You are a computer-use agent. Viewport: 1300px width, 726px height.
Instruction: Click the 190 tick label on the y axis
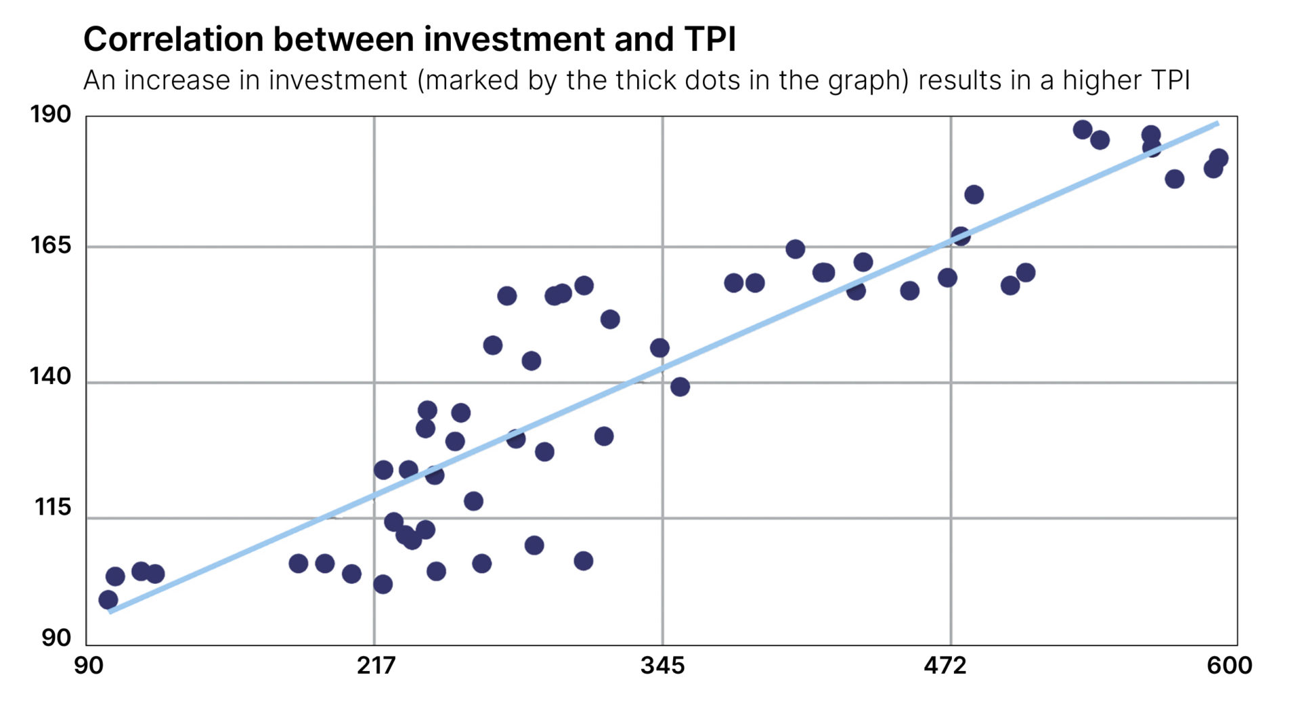coord(50,114)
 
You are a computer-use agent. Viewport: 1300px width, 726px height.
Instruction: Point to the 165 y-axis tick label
coord(50,244)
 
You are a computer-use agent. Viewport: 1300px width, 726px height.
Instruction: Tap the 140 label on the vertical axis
coord(50,376)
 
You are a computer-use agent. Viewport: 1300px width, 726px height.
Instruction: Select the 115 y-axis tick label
coord(52,507)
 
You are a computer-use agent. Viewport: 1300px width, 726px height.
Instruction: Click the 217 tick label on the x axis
coord(376,666)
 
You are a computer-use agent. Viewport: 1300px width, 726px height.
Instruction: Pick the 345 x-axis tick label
coord(662,666)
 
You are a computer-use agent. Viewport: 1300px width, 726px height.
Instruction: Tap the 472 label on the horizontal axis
coord(945,666)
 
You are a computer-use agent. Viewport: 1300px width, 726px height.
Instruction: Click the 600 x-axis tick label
coord(1229,666)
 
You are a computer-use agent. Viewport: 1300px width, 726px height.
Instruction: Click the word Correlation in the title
coord(173,39)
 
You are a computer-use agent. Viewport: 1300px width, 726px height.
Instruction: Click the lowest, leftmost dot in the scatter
coord(108,599)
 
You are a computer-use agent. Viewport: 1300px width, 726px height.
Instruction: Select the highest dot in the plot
coord(1083,129)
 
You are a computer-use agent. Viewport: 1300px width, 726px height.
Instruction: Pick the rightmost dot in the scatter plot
coord(1218,158)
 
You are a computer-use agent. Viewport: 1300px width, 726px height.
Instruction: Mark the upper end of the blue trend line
coord(1217,123)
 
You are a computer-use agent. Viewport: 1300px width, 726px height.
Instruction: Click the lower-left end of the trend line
coord(110,612)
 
